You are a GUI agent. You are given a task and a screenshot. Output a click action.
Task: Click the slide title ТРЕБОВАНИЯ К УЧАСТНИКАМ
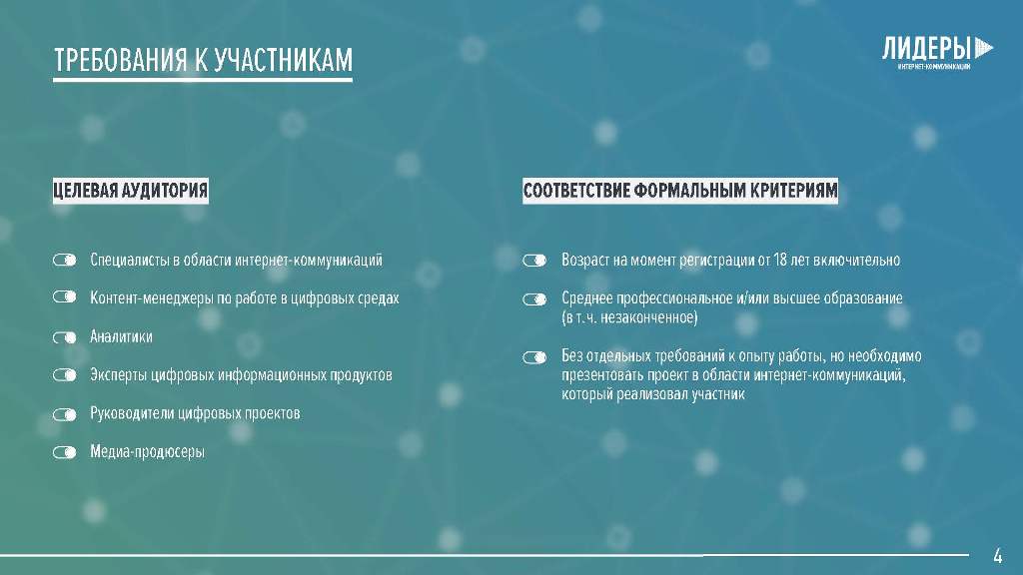tap(203, 60)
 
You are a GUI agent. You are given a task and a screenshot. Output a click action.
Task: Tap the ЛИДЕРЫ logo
tap(937, 52)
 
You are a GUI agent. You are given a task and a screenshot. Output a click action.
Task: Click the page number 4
tap(998, 556)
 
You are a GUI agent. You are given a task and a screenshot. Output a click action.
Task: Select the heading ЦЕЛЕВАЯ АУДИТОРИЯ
tap(131, 191)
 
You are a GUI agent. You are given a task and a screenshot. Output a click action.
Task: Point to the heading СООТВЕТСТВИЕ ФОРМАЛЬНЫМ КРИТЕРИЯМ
tap(680, 191)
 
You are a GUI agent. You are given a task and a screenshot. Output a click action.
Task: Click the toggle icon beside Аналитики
tap(65, 337)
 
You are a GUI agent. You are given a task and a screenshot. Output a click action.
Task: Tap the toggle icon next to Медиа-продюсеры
tap(65, 452)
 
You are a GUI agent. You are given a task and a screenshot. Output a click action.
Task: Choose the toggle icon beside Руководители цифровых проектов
tap(65, 414)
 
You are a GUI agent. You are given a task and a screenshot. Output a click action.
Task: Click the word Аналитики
tap(121, 337)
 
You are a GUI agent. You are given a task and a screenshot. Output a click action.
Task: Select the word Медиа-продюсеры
tap(148, 452)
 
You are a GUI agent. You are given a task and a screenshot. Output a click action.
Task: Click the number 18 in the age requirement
tap(779, 261)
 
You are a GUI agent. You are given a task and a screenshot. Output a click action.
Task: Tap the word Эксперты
tap(119, 375)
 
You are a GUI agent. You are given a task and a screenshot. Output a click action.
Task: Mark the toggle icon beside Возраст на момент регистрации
tap(534, 261)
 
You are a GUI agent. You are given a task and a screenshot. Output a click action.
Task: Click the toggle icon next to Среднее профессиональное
tap(534, 299)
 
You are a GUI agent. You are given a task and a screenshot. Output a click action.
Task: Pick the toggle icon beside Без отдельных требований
tap(534, 357)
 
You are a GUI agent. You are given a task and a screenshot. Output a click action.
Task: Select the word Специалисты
tap(130, 261)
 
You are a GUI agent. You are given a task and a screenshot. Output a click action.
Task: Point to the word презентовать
tap(602, 375)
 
